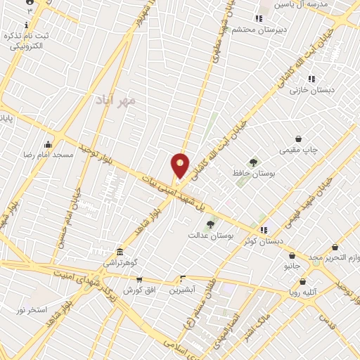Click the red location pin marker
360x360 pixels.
181,165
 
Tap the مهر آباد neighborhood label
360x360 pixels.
112,101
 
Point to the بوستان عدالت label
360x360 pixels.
205,234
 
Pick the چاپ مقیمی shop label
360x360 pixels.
300,150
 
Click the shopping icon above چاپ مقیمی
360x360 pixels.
300,139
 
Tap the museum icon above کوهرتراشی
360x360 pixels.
120,252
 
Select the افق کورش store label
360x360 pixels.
138,290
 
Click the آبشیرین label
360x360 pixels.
183,290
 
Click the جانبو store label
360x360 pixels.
291,268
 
